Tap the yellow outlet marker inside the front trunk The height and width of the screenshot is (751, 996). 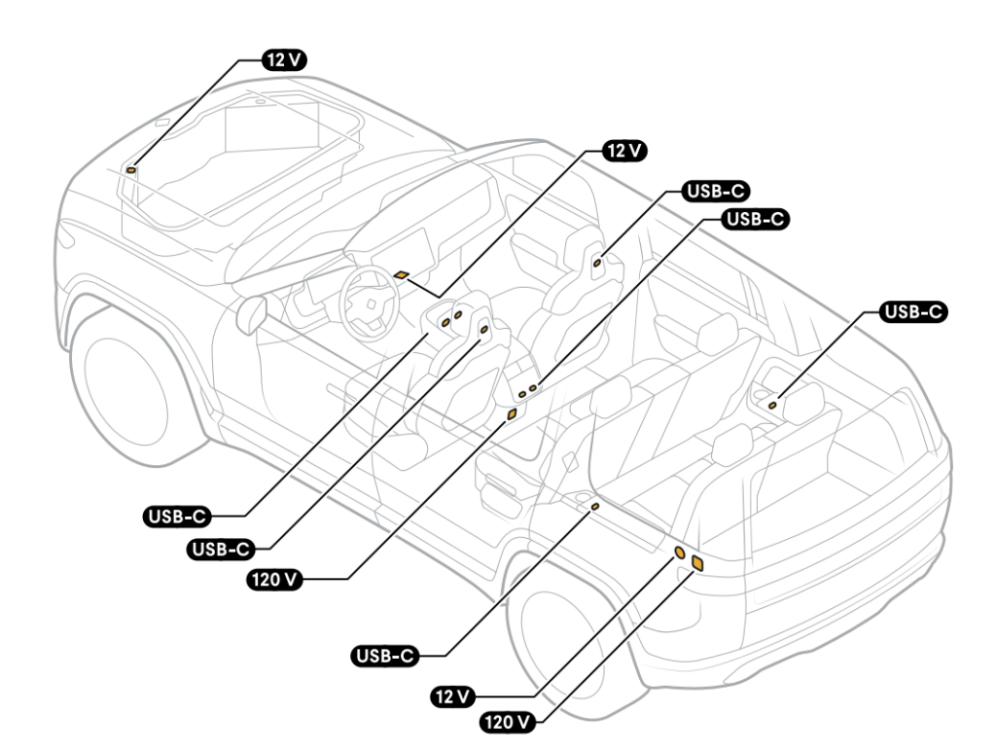coord(131,169)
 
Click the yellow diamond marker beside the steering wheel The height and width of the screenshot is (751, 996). coord(401,275)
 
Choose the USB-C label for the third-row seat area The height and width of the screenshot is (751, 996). coord(913,312)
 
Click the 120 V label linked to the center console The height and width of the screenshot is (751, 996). coord(272,580)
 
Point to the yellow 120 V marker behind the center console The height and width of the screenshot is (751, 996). coord(512,414)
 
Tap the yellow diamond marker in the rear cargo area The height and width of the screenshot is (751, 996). coord(697,561)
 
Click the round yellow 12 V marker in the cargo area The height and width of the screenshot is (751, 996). coord(681,553)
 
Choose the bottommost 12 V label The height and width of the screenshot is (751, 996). coord(452,697)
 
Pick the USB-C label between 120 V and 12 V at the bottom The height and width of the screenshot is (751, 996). coord(383,657)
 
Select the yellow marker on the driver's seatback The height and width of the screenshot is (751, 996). coord(483,331)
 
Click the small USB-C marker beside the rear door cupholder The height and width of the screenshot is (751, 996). coord(595,507)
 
